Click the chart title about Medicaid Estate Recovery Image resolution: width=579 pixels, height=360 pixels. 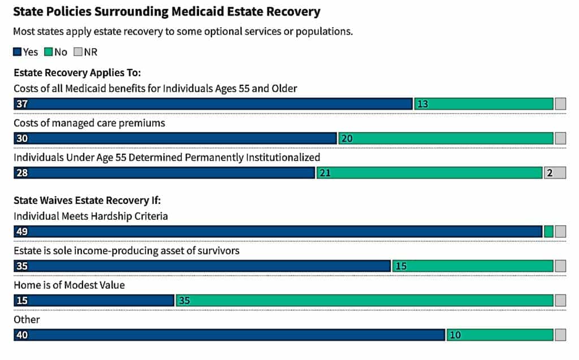(x=166, y=11)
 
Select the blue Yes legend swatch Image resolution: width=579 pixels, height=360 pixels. (x=17, y=52)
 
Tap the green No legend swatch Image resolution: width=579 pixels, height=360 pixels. (x=49, y=52)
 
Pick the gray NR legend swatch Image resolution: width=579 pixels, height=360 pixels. (x=78, y=52)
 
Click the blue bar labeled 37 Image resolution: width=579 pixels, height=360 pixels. (x=213, y=104)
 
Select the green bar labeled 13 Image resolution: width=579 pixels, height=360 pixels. (x=483, y=104)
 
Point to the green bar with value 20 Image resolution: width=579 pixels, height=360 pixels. (x=446, y=138)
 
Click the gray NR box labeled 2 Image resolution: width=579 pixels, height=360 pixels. (x=555, y=173)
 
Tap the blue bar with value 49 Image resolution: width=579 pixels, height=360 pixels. (x=278, y=231)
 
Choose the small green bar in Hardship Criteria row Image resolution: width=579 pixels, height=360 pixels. (x=548, y=231)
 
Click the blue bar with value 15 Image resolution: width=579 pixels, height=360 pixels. (x=93, y=300)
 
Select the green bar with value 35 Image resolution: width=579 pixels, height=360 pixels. (x=365, y=300)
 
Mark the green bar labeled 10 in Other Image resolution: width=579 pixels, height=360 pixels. (x=500, y=335)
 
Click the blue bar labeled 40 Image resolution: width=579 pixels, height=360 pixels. (x=229, y=335)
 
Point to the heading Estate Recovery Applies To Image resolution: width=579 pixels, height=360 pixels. (x=77, y=73)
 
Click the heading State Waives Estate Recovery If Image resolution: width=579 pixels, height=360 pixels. (x=88, y=200)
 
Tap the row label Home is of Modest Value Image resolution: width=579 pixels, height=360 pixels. (x=69, y=285)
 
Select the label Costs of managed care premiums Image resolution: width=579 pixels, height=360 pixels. (x=89, y=123)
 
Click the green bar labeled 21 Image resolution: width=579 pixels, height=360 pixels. (x=429, y=173)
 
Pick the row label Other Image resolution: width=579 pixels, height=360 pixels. (x=27, y=319)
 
